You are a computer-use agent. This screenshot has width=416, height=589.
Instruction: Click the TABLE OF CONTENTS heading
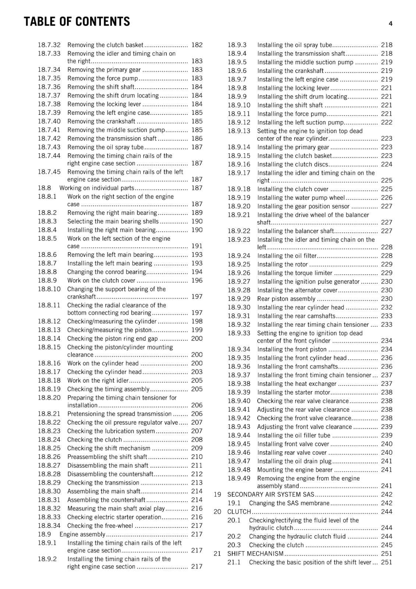[77, 22]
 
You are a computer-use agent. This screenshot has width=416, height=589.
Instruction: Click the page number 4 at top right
[390, 24]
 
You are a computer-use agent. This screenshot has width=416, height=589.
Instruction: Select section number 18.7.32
[49, 45]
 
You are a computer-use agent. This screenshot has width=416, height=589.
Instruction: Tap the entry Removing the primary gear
[104, 70]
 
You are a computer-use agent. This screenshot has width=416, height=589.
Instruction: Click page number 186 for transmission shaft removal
[197, 138]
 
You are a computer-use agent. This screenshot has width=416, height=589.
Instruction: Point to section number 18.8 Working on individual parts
[44, 188]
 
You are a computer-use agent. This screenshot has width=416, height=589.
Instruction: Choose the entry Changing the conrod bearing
[106, 272]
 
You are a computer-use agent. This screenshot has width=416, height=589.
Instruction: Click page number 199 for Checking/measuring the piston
[197, 330]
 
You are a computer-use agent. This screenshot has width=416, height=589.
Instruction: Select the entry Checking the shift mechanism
[109, 448]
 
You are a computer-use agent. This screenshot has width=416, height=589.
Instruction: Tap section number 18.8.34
[49, 525]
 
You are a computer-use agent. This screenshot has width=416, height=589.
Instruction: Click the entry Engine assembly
[82, 534]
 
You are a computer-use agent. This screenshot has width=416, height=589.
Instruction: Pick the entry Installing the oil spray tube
[295, 45]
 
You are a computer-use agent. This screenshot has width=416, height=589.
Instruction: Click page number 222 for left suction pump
[387, 122]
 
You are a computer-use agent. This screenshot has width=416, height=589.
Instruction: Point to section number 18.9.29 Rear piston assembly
[239, 299]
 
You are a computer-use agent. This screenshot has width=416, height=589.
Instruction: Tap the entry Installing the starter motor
[293, 392]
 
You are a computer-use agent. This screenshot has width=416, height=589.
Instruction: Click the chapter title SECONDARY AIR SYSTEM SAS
[271, 494]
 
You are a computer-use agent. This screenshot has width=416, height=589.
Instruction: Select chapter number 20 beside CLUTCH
[217, 512]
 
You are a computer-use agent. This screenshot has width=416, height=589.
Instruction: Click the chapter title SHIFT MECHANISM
[255, 553]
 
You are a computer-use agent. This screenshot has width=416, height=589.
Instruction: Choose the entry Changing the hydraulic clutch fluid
[297, 536]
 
